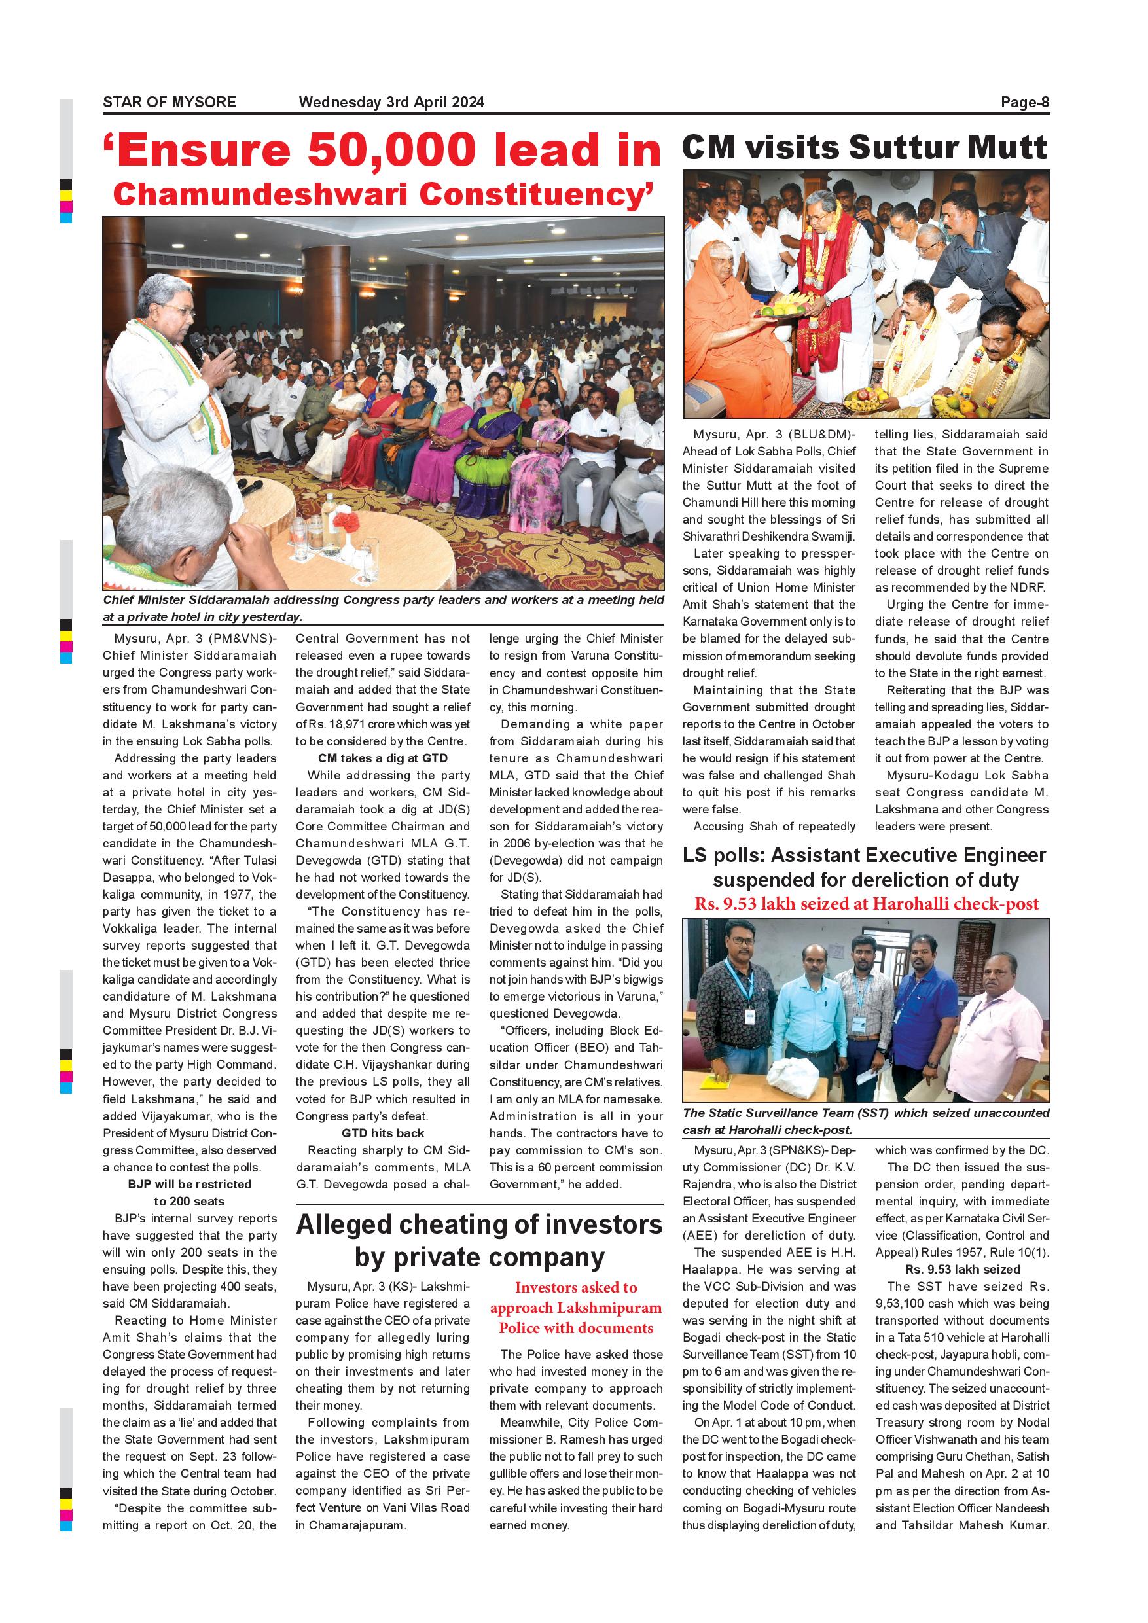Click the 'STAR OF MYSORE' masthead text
point(169,102)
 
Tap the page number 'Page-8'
point(1024,102)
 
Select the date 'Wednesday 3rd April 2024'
point(391,102)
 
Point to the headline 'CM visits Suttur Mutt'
point(864,148)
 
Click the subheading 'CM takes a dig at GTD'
point(382,758)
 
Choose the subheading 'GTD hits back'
point(382,1133)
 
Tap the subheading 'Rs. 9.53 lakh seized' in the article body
point(962,1269)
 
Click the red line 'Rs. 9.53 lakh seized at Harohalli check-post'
point(866,903)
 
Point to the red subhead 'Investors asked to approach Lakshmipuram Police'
point(576,1307)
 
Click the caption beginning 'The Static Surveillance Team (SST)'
point(865,1120)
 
